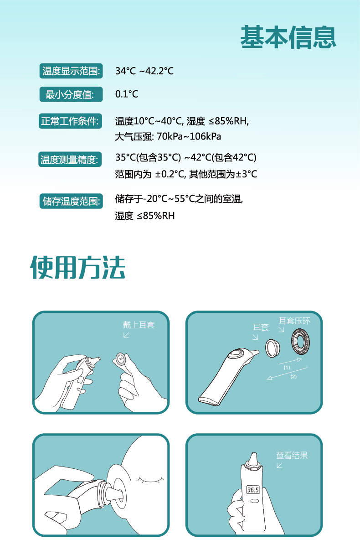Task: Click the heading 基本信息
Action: click(x=288, y=37)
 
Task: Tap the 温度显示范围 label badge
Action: click(x=71, y=71)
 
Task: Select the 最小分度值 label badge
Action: click(x=71, y=94)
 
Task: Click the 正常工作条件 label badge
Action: click(x=70, y=121)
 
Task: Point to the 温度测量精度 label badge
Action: click(x=70, y=159)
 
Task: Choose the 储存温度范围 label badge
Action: click(x=71, y=201)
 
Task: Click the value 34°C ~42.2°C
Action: click(x=144, y=71)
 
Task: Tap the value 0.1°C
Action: click(x=127, y=94)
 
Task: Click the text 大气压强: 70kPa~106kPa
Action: click(x=168, y=136)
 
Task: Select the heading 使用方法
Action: click(x=78, y=267)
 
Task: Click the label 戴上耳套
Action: click(x=139, y=325)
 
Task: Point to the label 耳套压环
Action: click(x=294, y=321)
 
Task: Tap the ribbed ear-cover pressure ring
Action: click(x=300, y=341)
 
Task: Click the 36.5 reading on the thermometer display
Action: click(x=253, y=490)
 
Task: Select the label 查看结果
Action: click(x=292, y=455)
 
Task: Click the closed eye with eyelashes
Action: click(x=151, y=480)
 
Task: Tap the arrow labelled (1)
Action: click(x=290, y=361)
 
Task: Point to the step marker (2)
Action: click(x=293, y=377)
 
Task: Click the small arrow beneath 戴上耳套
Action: click(x=126, y=335)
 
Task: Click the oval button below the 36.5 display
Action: click(x=255, y=501)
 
